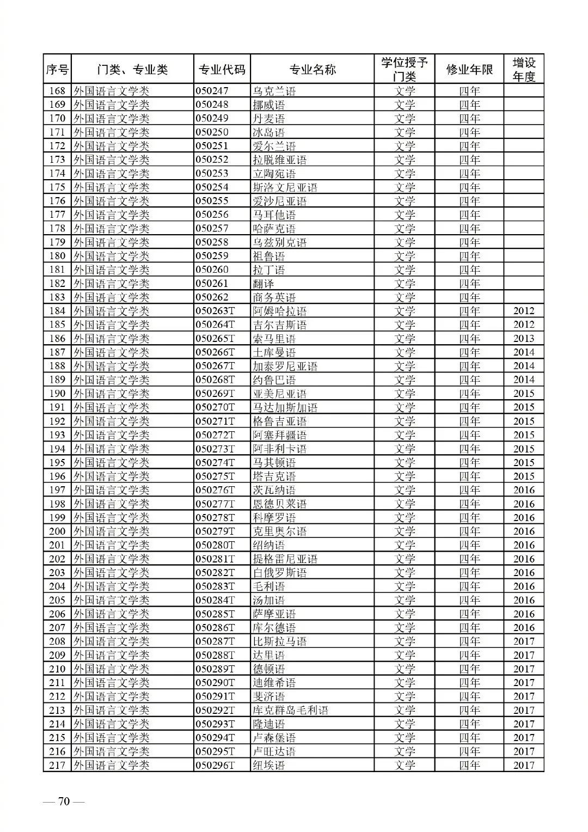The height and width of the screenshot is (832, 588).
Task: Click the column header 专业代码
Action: pos(222,70)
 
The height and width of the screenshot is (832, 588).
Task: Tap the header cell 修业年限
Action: pos(469,70)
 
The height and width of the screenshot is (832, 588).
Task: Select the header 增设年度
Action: pos(524,70)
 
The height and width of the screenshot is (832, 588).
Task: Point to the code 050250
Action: pos(212,132)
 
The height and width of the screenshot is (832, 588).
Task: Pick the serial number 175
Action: pos(57,187)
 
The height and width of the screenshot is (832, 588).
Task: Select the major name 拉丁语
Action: pos(268,270)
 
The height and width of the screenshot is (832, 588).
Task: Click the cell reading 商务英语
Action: pos(274,297)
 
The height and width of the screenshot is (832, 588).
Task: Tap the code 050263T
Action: pos(215,311)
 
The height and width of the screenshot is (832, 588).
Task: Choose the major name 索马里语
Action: pos(274,339)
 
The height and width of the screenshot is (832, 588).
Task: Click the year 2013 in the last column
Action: pos(524,339)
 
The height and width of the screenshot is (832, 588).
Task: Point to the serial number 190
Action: pos(57,394)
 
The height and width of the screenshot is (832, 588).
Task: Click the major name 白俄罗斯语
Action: pos(279,573)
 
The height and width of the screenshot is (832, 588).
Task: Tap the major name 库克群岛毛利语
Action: pos(290,710)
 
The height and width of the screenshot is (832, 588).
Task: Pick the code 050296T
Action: pos(215,765)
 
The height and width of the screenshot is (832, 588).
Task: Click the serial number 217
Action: pos(57,765)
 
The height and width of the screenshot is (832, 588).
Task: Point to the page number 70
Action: pos(64,802)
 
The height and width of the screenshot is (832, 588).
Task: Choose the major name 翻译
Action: pos(263,284)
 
